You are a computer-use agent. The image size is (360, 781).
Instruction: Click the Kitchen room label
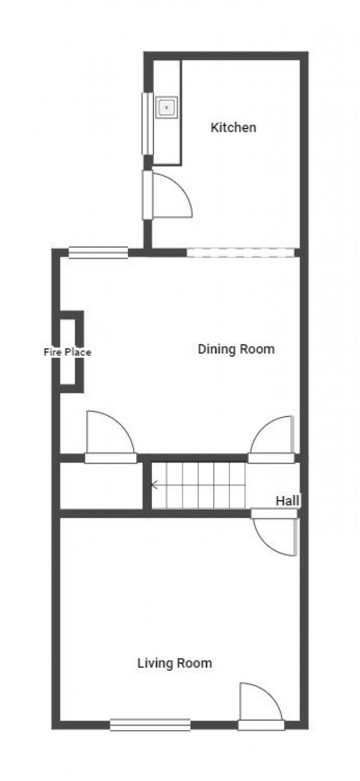(233, 127)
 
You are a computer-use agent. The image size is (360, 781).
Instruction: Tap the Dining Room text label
(236, 350)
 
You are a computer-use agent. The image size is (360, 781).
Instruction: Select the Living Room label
(174, 663)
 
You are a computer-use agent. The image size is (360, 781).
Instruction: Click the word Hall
(287, 501)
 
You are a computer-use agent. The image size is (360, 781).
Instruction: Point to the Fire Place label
(67, 352)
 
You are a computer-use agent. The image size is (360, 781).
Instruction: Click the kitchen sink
(167, 107)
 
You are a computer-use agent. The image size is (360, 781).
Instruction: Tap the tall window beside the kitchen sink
(147, 124)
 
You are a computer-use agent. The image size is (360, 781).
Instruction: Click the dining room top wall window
(98, 253)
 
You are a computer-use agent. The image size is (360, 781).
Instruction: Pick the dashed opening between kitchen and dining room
(240, 253)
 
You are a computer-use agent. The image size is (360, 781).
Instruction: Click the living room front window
(150, 725)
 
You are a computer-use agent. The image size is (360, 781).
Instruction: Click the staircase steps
(199, 486)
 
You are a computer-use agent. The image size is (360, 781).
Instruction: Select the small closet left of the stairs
(101, 486)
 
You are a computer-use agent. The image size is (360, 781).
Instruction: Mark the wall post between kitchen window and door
(147, 162)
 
